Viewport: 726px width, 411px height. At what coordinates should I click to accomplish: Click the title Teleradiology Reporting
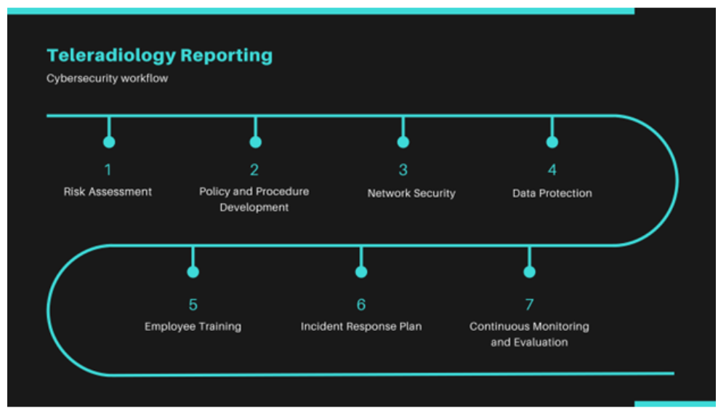159,55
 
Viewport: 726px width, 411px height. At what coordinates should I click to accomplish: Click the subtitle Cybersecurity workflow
107,78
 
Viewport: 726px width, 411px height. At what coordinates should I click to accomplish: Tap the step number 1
108,169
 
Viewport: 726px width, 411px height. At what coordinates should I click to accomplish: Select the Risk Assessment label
108,192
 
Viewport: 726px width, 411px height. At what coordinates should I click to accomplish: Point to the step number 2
254,169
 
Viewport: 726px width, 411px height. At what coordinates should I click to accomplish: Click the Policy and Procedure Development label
254,199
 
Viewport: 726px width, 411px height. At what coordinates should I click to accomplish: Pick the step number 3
403,169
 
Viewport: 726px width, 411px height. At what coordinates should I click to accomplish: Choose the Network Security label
411,193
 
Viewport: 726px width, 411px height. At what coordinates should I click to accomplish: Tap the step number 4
552,169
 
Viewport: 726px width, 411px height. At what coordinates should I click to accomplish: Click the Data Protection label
552,193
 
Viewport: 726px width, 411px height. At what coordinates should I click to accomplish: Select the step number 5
193,304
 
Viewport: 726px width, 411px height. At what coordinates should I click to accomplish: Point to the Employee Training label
193,327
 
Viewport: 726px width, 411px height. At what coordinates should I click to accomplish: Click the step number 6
360,304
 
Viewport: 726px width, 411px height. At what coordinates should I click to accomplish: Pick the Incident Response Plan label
360,327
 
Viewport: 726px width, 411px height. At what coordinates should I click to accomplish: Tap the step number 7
529,304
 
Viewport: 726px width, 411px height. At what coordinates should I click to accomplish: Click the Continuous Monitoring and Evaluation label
529,334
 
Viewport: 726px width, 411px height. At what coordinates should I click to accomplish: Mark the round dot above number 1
109,142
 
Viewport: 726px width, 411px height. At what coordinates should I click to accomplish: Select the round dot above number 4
552,142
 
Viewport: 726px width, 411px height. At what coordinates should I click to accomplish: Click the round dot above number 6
361,272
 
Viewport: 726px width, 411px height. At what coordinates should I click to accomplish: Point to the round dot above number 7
529,272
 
